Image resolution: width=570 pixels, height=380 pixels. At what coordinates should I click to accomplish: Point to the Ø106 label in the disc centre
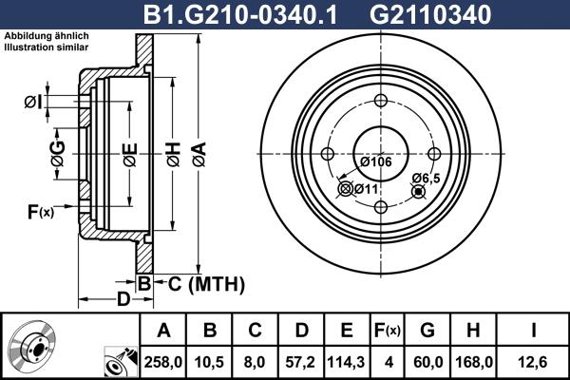(376, 161)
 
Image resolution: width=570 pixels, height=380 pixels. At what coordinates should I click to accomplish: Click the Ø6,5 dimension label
(425, 178)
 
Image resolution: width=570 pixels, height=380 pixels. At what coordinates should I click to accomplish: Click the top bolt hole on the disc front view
(380, 103)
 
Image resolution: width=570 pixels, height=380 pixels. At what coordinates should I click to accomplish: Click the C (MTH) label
(199, 283)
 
